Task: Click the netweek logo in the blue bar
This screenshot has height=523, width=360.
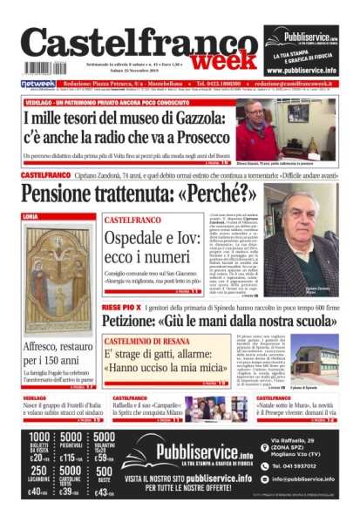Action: click(x=37, y=84)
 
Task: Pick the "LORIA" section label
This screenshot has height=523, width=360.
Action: click(x=31, y=215)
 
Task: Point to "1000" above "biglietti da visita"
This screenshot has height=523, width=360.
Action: click(x=40, y=438)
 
